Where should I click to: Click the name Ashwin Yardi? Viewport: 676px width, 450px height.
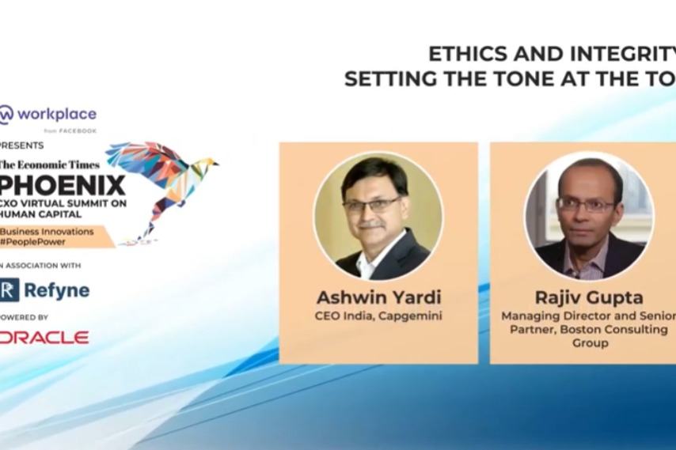378,298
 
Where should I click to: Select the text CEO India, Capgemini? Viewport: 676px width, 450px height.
378,316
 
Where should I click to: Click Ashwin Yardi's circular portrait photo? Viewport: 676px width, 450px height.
378,216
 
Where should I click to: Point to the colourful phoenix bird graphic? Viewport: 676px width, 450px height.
162,182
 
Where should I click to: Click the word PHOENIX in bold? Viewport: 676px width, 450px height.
63,185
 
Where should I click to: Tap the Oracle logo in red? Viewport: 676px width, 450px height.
44,338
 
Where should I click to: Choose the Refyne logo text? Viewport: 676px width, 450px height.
55,290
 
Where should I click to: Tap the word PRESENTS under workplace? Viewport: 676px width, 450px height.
22,146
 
